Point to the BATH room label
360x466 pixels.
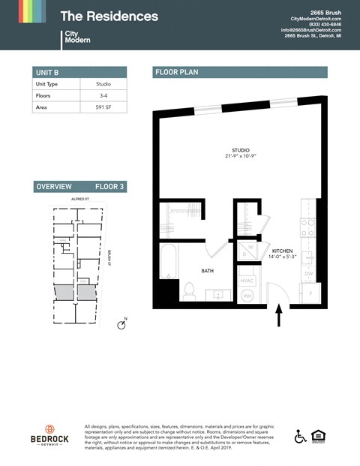pos(208,270)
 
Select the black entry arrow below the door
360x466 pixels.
pos(279,314)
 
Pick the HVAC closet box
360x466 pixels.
pos(247,281)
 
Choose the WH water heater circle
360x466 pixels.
pos(247,296)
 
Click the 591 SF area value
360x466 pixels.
pos(103,107)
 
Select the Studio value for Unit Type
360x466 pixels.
pos(103,84)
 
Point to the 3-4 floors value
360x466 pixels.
pos(103,96)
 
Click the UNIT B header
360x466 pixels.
pos(47,72)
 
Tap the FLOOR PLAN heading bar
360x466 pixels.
pos(240,72)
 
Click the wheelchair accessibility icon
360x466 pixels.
pos(301,436)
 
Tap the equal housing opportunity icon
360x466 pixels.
pos(322,436)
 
